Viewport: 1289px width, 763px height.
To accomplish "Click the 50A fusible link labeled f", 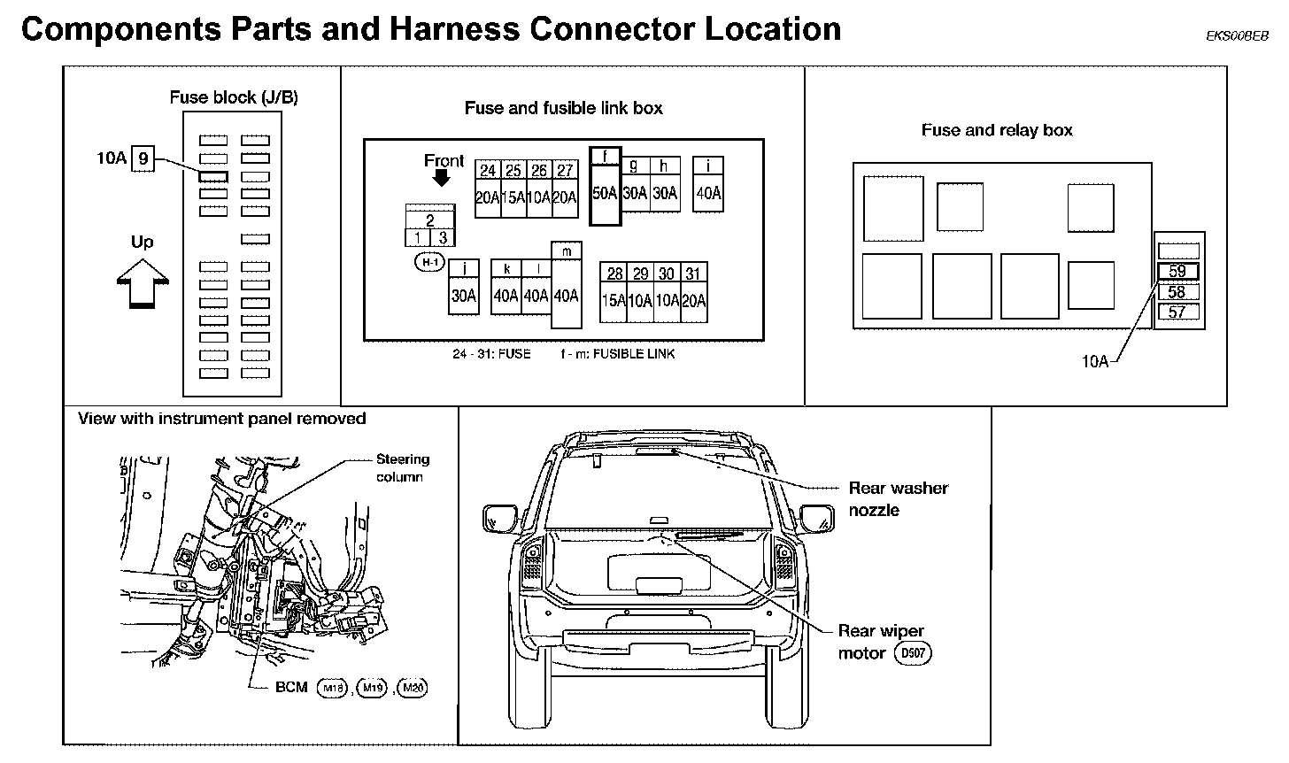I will point(606,186).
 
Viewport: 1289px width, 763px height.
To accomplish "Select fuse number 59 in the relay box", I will point(1177,272).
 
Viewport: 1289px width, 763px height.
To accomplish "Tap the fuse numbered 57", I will point(1177,312).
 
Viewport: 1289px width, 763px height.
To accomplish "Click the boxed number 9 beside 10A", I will point(143,159).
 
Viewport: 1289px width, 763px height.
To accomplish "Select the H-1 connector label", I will point(429,262).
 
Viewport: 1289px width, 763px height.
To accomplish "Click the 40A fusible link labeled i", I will point(708,184).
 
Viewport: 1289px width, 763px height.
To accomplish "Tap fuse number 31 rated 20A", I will point(694,291).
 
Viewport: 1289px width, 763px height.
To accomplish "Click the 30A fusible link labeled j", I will point(463,287).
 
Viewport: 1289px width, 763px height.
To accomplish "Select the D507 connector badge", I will point(914,653).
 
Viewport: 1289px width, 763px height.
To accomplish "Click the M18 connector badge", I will point(332,688).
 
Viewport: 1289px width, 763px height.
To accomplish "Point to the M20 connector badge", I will point(412,688).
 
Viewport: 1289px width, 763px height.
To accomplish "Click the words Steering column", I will point(402,468).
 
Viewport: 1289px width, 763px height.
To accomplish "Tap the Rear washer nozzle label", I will point(898,498).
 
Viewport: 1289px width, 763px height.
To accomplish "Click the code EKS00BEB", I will point(1237,36).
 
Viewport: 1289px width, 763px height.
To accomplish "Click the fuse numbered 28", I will point(614,291).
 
